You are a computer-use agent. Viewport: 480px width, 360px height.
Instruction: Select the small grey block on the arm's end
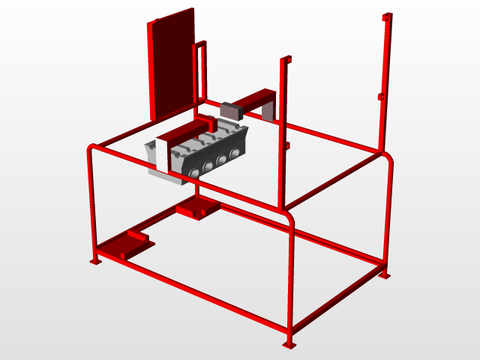point(230,110)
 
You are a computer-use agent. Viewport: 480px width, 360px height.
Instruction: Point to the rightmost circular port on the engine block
point(235,152)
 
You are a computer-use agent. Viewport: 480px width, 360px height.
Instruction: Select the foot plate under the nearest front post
point(289,344)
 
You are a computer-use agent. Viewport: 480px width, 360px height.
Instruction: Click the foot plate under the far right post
point(385,274)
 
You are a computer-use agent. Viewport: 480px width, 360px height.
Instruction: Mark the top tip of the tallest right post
point(388,16)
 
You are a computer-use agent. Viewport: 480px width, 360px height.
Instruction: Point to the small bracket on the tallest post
point(381,97)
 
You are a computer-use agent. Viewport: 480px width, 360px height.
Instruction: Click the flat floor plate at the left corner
point(124,245)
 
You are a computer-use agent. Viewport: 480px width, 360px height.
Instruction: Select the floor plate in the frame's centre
point(198,208)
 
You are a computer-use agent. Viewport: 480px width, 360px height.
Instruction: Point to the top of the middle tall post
point(285,59)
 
